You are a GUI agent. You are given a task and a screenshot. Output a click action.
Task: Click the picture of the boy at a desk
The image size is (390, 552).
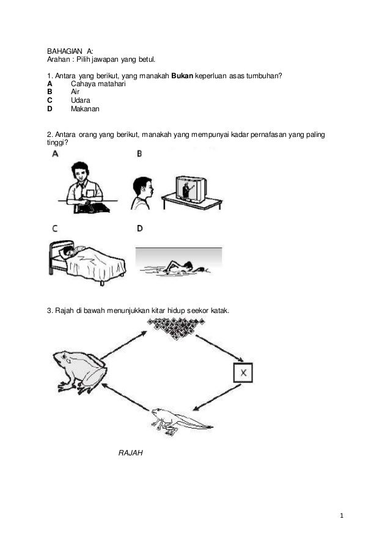click(x=86, y=188)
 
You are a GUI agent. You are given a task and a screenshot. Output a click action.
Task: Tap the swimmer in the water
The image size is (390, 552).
click(x=179, y=267)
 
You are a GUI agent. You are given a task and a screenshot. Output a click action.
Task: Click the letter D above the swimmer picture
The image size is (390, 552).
click(x=140, y=229)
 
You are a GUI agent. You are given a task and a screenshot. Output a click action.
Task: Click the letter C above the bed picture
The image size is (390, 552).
click(x=54, y=229)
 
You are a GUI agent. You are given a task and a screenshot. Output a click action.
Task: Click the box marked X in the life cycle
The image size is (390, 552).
click(x=243, y=372)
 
